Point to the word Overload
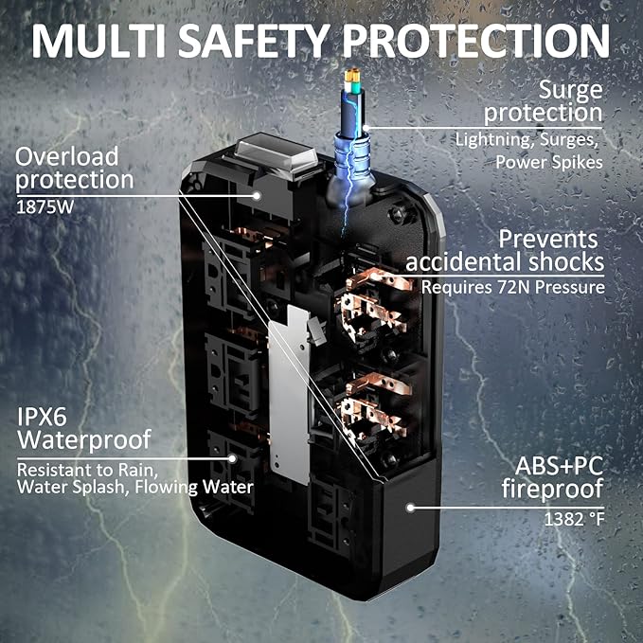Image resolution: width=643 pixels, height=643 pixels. pyautogui.click(x=67, y=155)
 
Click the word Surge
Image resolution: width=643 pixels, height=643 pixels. pyautogui.click(x=571, y=90)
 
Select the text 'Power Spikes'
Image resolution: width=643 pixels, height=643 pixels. pyautogui.click(x=549, y=162)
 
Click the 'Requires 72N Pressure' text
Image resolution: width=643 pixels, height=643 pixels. pyautogui.click(x=512, y=285)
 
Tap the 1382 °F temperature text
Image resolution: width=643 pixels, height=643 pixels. pyautogui.click(x=574, y=519)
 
